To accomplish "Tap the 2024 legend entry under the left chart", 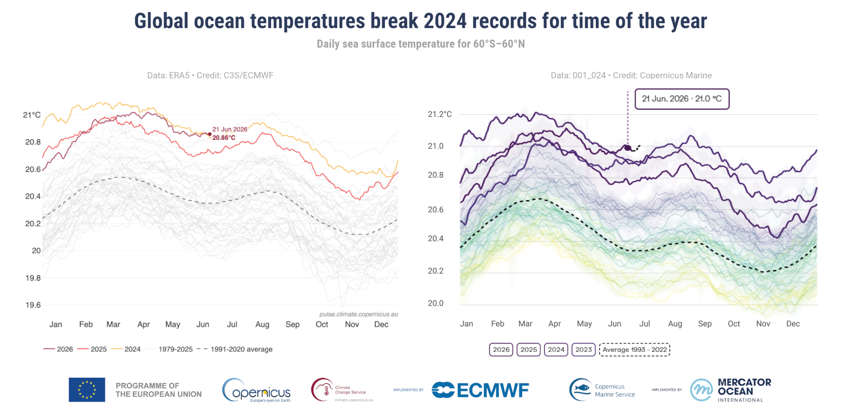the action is pyautogui.click(x=126, y=349).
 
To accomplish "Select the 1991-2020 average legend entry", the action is pyautogui.click(x=235, y=349).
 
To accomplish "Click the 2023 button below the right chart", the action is pyautogui.click(x=583, y=350).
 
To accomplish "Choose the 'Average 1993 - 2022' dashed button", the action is pyautogui.click(x=634, y=350).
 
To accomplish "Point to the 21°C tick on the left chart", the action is pyautogui.click(x=32, y=115).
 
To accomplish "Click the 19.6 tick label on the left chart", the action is pyautogui.click(x=33, y=305).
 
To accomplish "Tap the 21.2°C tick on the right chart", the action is pyautogui.click(x=440, y=114).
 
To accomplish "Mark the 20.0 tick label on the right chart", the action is pyautogui.click(x=436, y=303).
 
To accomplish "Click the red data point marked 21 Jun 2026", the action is pyautogui.click(x=210, y=134).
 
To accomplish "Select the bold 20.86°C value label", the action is pyautogui.click(x=224, y=138).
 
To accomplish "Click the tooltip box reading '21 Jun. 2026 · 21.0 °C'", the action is pyautogui.click(x=682, y=99).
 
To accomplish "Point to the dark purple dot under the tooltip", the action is pyautogui.click(x=628, y=148).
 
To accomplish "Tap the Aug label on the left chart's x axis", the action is pyautogui.click(x=262, y=324).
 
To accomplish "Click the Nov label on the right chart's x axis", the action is pyautogui.click(x=763, y=324).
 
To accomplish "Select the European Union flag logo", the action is pyautogui.click(x=87, y=390).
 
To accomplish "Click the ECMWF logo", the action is pyautogui.click(x=480, y=390).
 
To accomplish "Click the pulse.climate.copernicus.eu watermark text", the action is pyautogui.click(x=358, y=314).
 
